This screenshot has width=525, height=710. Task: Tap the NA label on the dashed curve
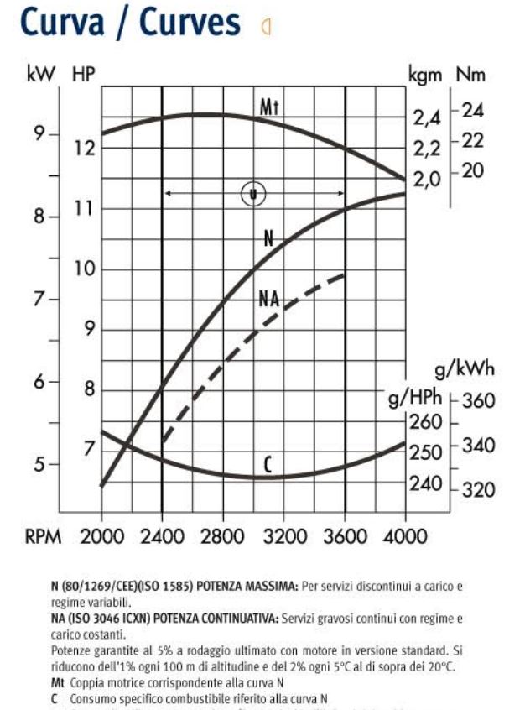(x=269, y=300)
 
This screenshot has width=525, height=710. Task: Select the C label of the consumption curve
(x=268, y=464)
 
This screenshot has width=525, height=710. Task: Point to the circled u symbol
(x=253, y=194)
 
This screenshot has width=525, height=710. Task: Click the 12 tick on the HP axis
(x=84, y=149)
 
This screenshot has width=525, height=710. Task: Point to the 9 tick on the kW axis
(x=39, y=134)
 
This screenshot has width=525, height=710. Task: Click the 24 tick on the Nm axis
(x=474, y=111)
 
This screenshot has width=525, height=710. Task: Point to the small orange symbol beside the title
(x=268, y=27)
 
